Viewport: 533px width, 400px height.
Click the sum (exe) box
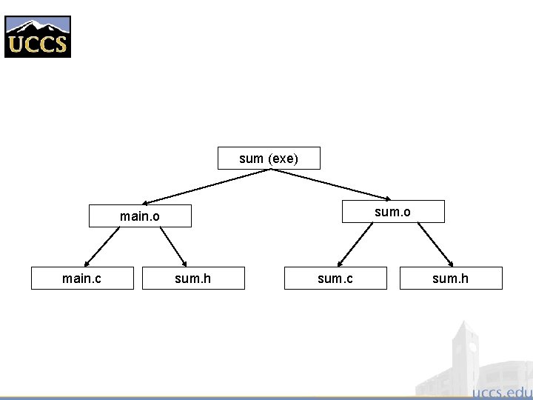tap(269, 159)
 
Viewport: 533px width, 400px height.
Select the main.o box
tap(140, 216)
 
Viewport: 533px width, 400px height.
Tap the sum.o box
tap(392, 212)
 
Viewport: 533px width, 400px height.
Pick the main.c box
tap(82, 278)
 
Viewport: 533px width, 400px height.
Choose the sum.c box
tap(335, 278)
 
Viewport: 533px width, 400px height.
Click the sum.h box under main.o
tap(192, 278)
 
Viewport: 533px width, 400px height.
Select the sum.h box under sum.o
tap(450, 278)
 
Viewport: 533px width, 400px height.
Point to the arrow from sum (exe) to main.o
tap(207, 186)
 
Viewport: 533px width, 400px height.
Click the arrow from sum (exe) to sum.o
tap(331, 184)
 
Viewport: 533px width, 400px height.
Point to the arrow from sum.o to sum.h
tap(435, 244)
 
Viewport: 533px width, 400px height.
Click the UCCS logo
tap(38, 36)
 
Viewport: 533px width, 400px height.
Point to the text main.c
tap(82, 278)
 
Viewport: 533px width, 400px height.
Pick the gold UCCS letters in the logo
tap(38, 44)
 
